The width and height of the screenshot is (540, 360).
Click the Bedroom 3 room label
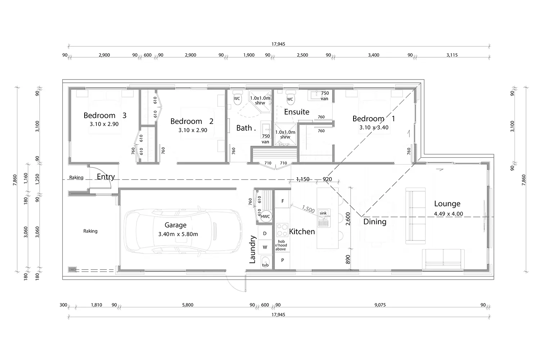(105, 116)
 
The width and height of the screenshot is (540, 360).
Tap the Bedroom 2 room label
(192, 121)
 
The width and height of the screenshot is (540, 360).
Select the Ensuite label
(297, 112)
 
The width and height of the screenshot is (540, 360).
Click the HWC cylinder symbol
(265, 216)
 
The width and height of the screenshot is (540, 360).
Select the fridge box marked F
(283, 201)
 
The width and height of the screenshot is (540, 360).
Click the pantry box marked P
(283, 260)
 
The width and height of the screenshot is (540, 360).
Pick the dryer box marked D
(265, 233)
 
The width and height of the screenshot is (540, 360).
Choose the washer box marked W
(265, 247)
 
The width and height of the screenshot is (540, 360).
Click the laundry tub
(265, 262)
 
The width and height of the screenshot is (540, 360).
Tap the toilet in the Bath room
(237, 99)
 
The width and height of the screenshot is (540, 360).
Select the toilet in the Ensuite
(290, 100)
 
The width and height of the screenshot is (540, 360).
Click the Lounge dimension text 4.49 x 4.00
(448, 214)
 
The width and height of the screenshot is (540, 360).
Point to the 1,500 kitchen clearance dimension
(308, 209)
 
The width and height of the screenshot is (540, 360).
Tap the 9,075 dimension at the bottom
(380, 305)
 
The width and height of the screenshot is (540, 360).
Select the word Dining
(375, 222)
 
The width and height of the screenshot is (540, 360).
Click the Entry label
(106, 177)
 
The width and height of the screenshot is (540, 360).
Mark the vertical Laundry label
(252, 249)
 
